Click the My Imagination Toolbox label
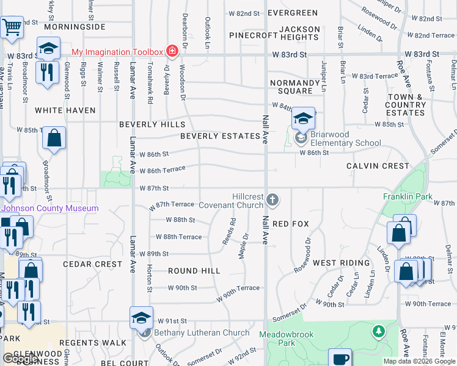coord(117,51)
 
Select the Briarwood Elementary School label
coord(346,139)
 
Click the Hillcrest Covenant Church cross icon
coord(272,199)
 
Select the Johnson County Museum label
coord(49,208)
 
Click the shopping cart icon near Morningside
coord(12,27)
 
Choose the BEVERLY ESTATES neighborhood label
coord(220,136)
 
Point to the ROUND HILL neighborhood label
coord(194,271)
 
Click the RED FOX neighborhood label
coord(291,224)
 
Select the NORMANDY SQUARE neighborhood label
coord(291,87)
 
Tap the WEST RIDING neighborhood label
coord(341,263)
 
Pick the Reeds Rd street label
coord(229,232)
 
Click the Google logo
coord(20,359)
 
